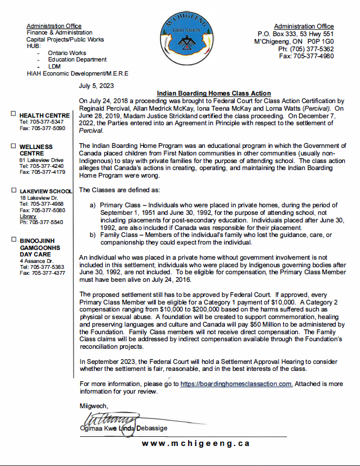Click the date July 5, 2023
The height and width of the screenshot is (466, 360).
96,85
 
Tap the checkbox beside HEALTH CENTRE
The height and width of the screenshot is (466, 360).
13,114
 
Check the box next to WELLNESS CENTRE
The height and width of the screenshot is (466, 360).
13,146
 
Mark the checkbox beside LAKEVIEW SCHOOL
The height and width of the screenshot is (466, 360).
13,191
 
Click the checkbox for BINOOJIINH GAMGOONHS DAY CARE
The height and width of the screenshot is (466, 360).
13,239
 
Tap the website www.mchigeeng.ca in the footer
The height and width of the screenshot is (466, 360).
196,443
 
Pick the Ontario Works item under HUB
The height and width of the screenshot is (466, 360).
67,53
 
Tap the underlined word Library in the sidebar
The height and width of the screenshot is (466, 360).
28,216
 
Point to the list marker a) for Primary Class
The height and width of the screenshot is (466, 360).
93,206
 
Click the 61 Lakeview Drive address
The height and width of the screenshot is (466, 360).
42,160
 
